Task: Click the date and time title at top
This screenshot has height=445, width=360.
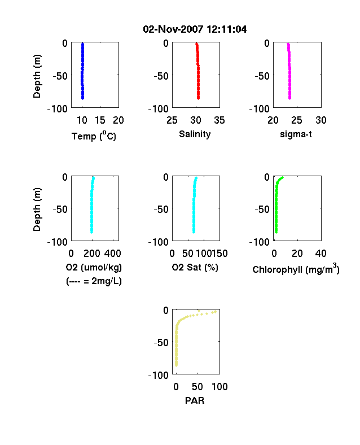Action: [195, 29]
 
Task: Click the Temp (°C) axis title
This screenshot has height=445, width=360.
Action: [94, 136]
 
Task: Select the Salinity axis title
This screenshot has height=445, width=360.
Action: [195, 134]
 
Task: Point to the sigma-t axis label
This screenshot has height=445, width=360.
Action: [296, 134]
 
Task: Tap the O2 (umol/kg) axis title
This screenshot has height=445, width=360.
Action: [94, 267]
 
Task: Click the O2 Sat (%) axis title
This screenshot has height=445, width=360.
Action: [195, 267]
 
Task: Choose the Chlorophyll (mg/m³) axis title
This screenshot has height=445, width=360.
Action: [296, 269]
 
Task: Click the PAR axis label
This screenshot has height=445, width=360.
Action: [195, 400]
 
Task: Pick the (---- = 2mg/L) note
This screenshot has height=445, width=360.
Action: [94, 281]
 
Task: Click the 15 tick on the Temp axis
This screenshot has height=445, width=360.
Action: [100, 120]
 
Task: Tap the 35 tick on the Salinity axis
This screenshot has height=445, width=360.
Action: [219, 120]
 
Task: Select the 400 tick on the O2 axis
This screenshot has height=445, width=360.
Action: [113, 254]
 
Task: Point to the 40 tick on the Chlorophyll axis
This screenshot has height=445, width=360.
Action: [321, 254]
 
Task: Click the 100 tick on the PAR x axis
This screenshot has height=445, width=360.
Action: [219, 386]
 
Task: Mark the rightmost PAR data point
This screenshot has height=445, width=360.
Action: [216, 312]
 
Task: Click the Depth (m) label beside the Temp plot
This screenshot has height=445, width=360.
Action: [37, 76]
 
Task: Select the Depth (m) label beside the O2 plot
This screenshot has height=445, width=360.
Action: [37, 210]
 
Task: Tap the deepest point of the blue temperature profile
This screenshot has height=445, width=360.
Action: [83, 98]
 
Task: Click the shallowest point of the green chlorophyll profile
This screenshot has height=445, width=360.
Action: [282, 178]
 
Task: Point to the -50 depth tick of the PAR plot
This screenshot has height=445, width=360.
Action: [161, 343]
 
